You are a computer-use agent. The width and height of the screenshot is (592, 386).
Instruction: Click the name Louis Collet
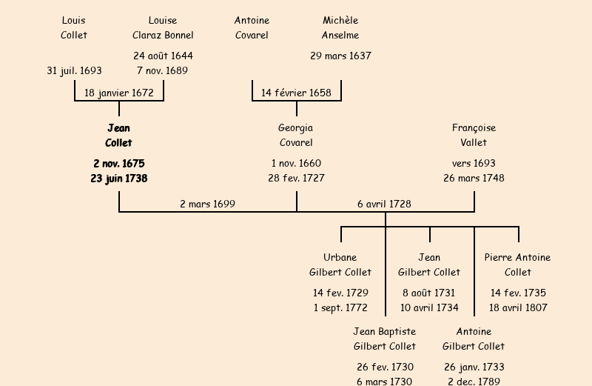(x=74, y=27)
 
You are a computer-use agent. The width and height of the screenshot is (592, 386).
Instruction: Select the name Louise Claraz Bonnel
(x=163, y=27)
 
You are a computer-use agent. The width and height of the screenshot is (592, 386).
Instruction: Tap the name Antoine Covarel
(x=252, y=27)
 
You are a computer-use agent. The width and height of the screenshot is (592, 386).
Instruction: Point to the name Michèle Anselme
(x=340, y=27)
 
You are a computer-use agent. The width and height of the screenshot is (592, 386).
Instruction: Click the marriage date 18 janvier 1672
(x=119, y=93)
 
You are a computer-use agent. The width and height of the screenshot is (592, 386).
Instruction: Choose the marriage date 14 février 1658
(x=296, y=93)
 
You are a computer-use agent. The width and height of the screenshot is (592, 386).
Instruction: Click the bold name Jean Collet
(x=118, y=136)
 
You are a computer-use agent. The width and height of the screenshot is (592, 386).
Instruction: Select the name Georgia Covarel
(x=296, y=136)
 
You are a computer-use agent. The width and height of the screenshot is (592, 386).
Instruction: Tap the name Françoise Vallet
(x=474, y=136)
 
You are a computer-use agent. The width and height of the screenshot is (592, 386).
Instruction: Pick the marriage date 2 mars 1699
(x=207, y=204)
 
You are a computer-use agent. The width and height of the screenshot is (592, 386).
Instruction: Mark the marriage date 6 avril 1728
(x=384, y=204)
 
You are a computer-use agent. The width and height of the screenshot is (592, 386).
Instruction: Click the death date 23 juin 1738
(x=119, y=179)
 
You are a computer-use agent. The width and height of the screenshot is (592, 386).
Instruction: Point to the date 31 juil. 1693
(x=74, y=71)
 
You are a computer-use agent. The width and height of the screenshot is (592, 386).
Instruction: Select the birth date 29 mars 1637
(x=340, y=56)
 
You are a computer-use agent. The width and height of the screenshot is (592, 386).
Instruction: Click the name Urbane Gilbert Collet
(x=340, y=265)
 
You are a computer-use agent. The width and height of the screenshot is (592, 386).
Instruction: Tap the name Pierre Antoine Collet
(x=518, y=265)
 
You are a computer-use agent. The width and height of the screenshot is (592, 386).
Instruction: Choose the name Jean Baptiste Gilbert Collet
(x=385, y=339)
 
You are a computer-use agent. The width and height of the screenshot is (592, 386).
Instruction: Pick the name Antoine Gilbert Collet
(x=474, y=339)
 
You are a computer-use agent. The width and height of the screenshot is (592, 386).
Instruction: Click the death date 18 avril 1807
(x=518, y=308)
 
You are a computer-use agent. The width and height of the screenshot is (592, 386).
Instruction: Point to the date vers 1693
(x=474, y=164)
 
